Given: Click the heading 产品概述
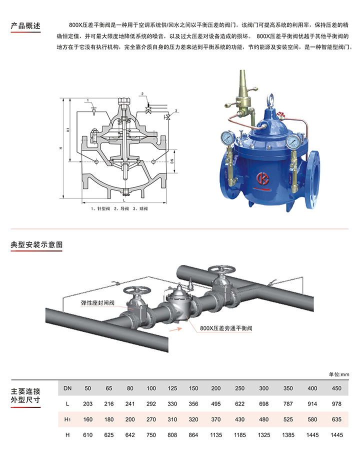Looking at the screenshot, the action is tap(25, 26).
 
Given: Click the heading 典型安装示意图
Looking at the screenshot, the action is tap(36, 245).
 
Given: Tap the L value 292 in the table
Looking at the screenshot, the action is tap(151, 404).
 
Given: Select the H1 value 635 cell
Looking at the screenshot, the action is tap(336, 419).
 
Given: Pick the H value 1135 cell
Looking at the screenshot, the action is tap(216, 435).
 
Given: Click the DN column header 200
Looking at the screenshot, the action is tap(216, 388).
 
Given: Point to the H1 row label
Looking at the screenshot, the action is tap(67, 419).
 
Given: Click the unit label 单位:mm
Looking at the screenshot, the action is tap(339, 374).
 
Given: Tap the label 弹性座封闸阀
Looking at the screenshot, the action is tap(98, 303).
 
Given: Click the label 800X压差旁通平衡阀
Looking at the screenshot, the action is tap(226, 328).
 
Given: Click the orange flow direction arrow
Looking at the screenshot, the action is tap(175, 329).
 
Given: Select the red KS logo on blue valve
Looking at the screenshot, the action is tap(262, 178).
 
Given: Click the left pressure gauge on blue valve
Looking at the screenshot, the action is tap(227, 138).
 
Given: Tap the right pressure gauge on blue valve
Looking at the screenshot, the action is tap(292, 142).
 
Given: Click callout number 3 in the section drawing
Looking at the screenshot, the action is tap(176, 110).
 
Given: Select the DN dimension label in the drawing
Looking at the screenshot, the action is tap(172, 161).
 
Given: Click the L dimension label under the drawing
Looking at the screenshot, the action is tap(124, 200).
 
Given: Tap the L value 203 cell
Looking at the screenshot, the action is tap(87, 404).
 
